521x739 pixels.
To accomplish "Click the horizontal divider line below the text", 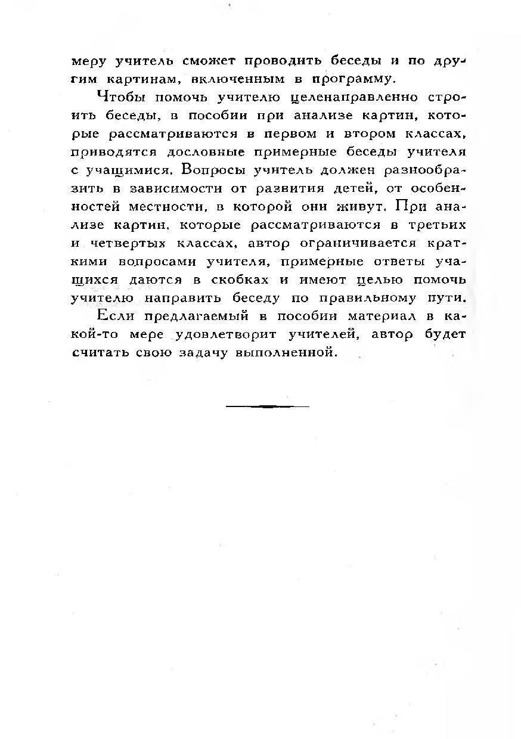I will click(268, 406).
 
